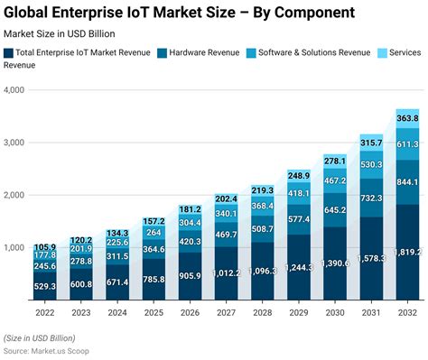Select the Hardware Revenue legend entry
click(x=204, y=52)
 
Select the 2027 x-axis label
click(x=226, y=312)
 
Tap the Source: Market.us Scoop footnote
click(x=51, y=349)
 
